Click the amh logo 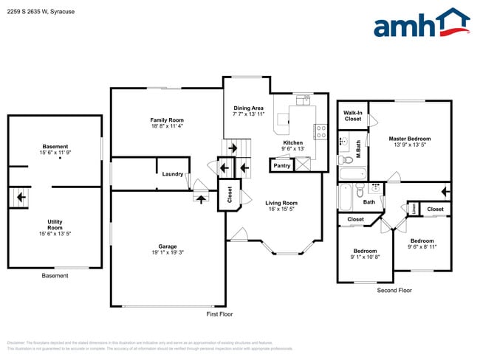point(422,24)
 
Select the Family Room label point(167,120)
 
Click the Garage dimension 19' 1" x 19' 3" point(167,253)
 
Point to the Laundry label point(173,174)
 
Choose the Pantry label point(281,166)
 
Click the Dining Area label point(248,108)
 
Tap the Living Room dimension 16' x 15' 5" point(281,210)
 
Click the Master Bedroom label point(410,139)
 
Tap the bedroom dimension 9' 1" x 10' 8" point(365,257)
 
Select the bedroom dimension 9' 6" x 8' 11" point(422,247)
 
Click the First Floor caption point(219,314)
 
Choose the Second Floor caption point(394,291)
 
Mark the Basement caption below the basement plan point(55,276)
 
